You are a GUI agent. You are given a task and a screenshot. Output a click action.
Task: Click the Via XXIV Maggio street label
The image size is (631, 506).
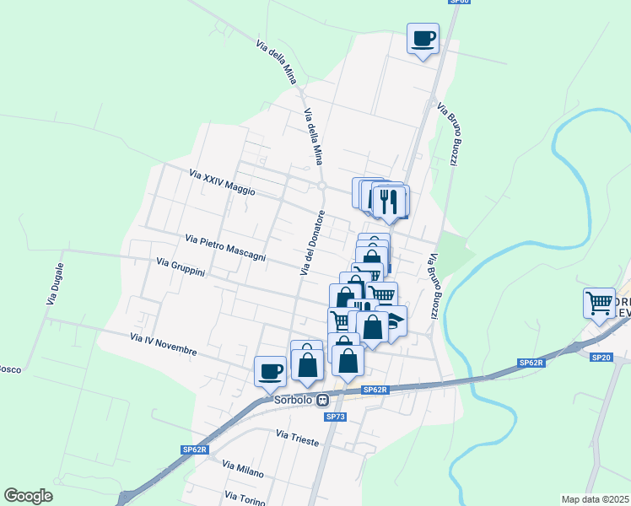point(222,183)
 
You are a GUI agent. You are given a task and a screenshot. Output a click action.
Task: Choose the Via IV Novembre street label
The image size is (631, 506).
point(164,344)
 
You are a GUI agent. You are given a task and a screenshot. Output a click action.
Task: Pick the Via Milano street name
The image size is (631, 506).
point(243,469)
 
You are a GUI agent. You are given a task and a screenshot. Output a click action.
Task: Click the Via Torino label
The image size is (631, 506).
point(245,498)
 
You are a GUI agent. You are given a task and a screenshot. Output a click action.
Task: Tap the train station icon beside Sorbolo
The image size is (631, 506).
point(322,401)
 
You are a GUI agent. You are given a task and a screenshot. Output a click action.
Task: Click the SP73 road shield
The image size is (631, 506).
point(336,417)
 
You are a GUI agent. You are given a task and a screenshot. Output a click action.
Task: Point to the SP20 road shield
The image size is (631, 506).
point(601,358)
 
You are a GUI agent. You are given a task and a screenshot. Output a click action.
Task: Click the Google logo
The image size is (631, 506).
point(28,496)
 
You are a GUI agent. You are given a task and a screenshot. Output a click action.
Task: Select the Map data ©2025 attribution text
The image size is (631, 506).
point(596,499)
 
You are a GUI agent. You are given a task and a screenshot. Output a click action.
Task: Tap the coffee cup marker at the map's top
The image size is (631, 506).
point(423,38)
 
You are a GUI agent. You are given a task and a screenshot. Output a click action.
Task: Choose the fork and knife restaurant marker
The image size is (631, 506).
point(389,201)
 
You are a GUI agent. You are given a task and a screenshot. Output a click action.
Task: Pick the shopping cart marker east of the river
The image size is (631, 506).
point(599,302)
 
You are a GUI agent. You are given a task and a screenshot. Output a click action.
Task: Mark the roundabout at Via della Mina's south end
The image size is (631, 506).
point(321,186)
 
